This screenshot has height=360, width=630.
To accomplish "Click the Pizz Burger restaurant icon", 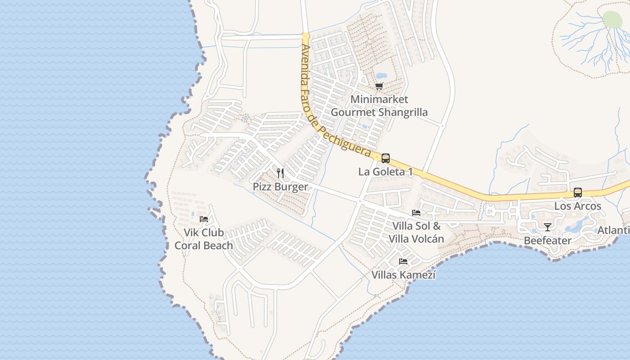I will coord(280,173).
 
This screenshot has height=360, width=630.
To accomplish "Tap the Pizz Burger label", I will coord(280,187).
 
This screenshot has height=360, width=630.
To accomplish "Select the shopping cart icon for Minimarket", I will coord(379,86).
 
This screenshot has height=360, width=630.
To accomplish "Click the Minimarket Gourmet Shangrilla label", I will coord(379,106).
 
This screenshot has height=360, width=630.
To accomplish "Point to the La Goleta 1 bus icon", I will coord(386,158).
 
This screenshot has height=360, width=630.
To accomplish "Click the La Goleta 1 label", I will coord(386,172).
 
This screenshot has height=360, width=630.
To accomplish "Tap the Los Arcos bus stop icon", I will coord(578,193).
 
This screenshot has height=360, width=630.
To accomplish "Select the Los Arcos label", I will coord(578,206).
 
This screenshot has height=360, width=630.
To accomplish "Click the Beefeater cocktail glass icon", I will coord(548,227).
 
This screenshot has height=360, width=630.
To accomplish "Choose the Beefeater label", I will coord(548,241).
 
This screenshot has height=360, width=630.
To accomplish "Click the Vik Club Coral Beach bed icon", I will coord(204,219).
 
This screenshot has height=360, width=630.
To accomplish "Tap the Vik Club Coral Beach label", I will coord(204,239).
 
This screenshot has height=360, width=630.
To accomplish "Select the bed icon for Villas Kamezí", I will coord(403,261).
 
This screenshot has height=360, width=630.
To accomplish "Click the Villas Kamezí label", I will coord(403,274).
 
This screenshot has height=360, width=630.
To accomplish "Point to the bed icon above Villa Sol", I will coord(416,213).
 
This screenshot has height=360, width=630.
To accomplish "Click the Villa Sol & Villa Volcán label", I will coord(416,233).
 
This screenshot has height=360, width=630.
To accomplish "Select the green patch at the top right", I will coord(612,19).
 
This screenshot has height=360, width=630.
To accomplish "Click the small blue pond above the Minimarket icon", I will coord(381,76).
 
